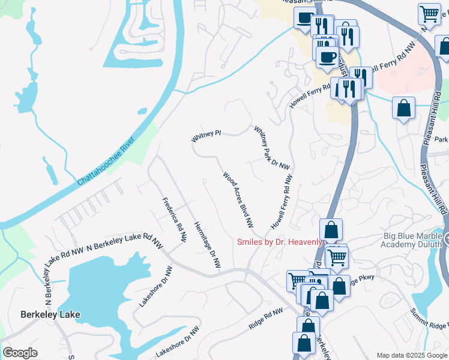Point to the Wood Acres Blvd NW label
pyautogui.click(x=238, y=200)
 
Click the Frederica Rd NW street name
pyautogui.click(x=174, y=220)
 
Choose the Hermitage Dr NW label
pyautogui.click(x=208, y=244)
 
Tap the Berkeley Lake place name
pyautogui.click(x=50, y=314)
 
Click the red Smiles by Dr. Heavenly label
pyautogui.click(x=280, y=242)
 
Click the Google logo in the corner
pyautogui.click(x=20, y=353)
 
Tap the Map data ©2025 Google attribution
pyautogui.click(x=412, y=355)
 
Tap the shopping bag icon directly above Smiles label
pyautogui.click(x=331, y=229)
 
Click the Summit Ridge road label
pyautogui.click(x=429, y=320)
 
